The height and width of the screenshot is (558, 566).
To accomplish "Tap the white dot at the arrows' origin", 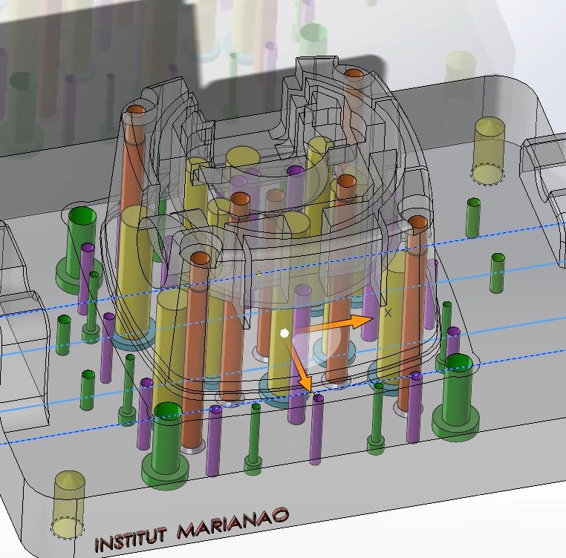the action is pyautogui.click(x=284, y=334).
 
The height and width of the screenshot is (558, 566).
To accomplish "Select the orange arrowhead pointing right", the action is pyautogui.click(x=362, y=321).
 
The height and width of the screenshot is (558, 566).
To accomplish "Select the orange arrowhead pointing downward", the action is pyautogui.click(x=305, y=382).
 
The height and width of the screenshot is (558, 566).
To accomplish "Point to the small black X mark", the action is pyautogui.click(x=388, y=312).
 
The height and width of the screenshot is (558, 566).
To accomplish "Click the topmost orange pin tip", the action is pyautogui.click(x=354, y=74).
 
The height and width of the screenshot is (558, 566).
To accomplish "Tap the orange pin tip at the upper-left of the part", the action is pyautogui.click(x=136, y=110).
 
